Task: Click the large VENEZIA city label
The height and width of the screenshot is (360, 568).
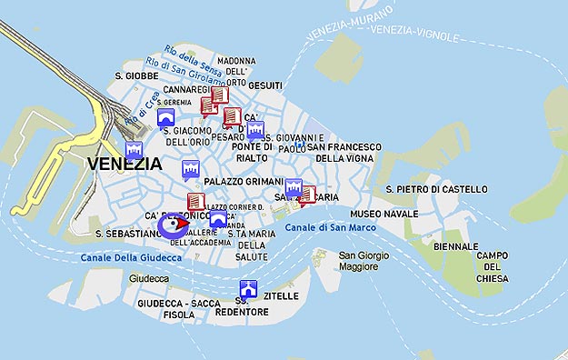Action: [x=125, y=165]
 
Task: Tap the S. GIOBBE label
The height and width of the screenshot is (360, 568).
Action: [x=136, y=75]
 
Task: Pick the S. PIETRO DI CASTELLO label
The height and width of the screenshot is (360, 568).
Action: [x=436, y=189]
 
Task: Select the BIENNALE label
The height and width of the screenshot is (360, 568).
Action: [x=455, y=246]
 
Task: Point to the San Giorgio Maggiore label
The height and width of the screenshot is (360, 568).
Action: [x=364, y=262]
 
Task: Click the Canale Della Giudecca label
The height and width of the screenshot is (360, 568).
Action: [x=131, y=258]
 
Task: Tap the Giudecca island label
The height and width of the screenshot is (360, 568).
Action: [x=149, y=278]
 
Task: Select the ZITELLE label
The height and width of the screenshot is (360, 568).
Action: [x=280, y=296]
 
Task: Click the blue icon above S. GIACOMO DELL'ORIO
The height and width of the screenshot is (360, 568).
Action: [x=166, y=119]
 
